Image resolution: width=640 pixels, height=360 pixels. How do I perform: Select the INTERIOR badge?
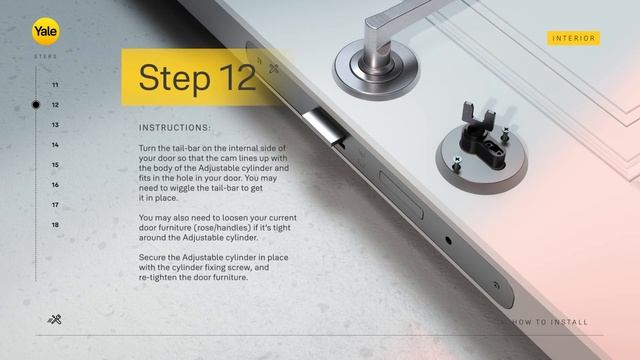pos(574,38)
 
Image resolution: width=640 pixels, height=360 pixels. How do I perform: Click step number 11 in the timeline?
pos(55,85)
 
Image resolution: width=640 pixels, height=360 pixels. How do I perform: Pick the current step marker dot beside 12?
pos(36,104)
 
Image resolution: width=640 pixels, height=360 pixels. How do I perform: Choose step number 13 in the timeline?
pos(55,125)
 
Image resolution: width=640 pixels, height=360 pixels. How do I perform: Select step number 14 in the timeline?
pos(55,145)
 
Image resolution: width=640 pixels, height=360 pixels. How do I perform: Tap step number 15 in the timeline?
pos(55,165)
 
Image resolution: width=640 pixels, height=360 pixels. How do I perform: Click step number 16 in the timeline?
pos(55,185)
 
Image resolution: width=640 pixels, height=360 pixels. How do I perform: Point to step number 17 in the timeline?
pos(55,205)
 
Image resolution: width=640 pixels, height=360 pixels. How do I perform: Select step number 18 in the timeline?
pos(55,225)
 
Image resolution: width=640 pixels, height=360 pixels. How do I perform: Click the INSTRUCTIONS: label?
pos(174,128)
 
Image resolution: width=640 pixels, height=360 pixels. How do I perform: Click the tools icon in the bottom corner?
pos(55,320)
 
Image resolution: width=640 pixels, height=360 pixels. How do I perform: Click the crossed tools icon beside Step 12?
pos(273,69)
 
